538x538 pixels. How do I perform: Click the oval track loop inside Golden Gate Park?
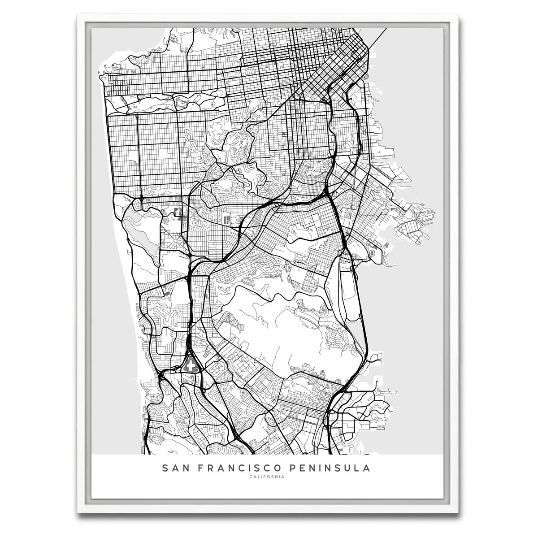[x=183, y=104]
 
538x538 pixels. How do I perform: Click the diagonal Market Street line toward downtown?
[x=305, y=90]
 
